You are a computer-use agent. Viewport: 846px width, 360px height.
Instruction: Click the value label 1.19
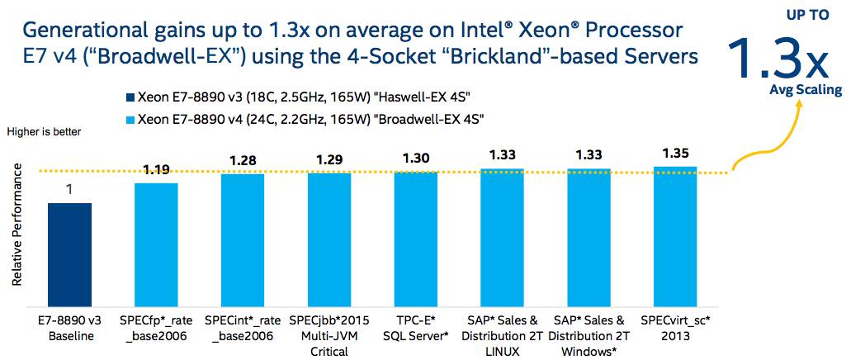tap(156, 171)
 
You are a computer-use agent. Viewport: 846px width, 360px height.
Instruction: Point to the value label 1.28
tap(243, 160)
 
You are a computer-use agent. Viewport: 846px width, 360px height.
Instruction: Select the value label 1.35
tap(674, 152)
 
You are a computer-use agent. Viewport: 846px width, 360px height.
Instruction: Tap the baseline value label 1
tap(69, 190)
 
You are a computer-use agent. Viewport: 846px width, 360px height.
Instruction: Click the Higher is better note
tap(45, 130)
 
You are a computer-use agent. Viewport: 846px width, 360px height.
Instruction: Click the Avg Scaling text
tap(806, 90)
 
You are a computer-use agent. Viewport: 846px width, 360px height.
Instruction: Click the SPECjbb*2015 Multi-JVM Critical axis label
tap(329, 335)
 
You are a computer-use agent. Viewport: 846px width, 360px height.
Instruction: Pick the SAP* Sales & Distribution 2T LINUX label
tap(501, 335)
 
